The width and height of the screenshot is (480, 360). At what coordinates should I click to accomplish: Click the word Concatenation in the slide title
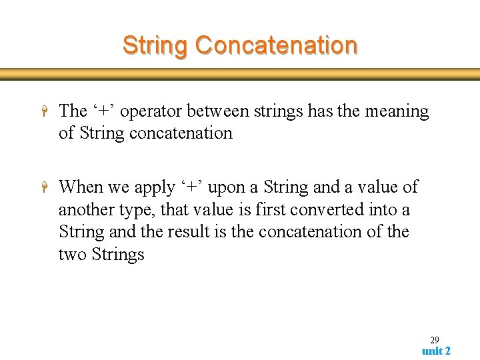[277, 45]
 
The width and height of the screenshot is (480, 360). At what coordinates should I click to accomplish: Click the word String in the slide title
[156, 45]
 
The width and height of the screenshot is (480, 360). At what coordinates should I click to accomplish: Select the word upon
[226, 187]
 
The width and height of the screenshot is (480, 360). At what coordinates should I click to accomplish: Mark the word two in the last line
[72, 254]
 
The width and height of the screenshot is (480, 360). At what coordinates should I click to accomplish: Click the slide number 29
[434, 340]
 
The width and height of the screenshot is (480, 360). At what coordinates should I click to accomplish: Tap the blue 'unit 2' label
[436, 351]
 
